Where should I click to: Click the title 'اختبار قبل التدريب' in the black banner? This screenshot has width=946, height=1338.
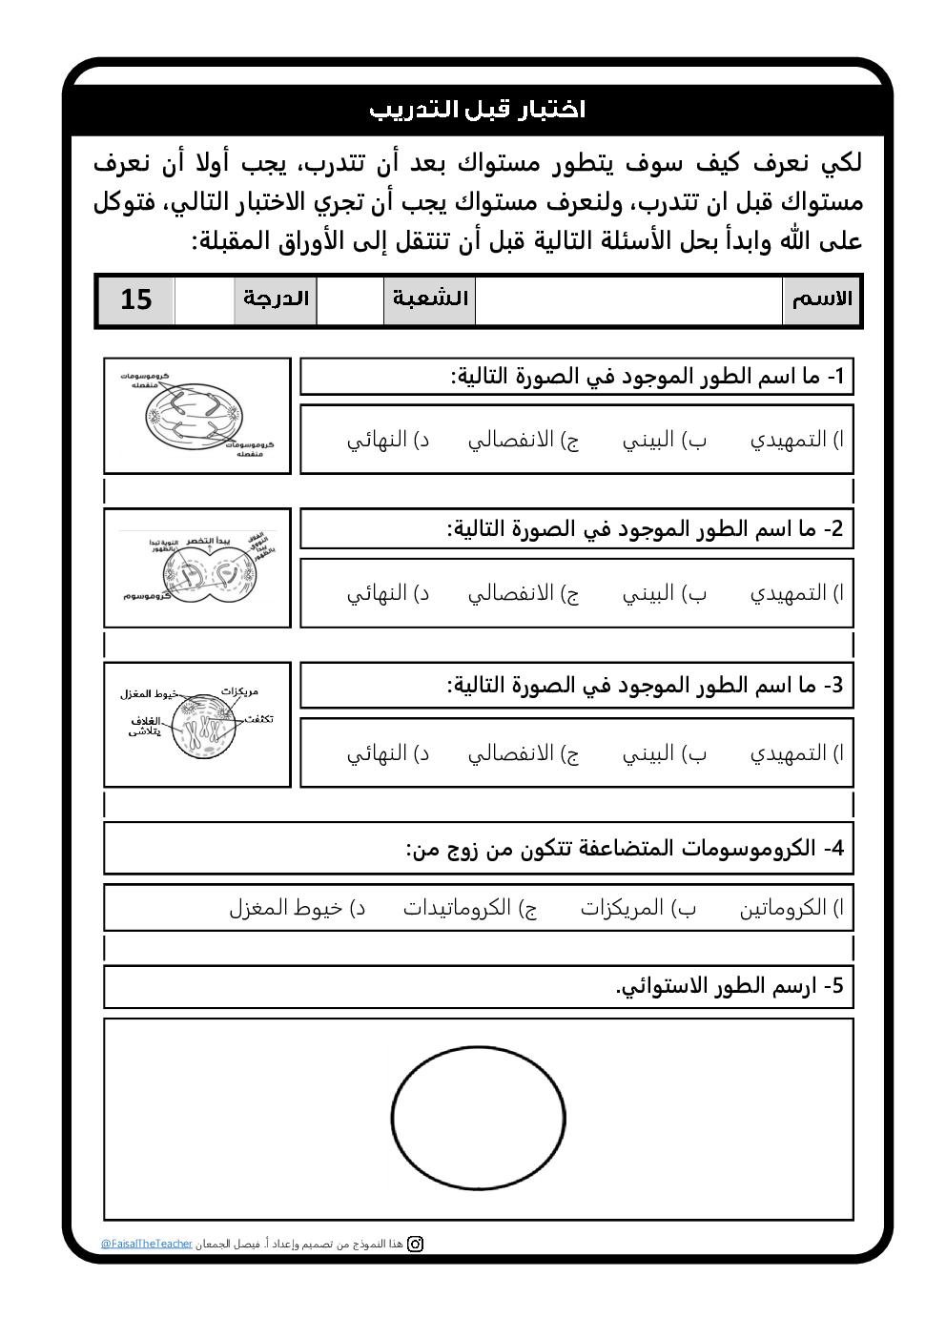tap(477, 110)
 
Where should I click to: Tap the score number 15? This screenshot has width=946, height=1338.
tap(136, 299)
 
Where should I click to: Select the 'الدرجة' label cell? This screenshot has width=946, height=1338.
tap(276, 299)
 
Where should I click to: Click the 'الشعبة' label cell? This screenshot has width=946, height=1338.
tap(430, 299)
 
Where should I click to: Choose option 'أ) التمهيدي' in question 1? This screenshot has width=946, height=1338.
tap(796, 440)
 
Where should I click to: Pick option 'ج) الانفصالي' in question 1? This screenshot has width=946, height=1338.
tap(523, 440)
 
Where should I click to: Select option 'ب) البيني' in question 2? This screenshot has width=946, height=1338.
tap(664, 593)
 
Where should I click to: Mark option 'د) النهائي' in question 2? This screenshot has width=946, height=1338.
tap(387, 593)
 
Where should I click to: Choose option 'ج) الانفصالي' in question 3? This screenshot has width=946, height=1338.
tap(523, 753)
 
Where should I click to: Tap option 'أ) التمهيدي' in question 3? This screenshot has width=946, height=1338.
tap(796, 753)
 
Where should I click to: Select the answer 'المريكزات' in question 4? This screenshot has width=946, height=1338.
tap(638, 908)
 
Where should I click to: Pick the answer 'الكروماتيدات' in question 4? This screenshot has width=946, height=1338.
tap(469, 908)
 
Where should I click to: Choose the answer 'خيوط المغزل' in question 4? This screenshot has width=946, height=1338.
tap(297, 908)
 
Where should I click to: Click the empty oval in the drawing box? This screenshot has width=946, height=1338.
tap(478, 1118)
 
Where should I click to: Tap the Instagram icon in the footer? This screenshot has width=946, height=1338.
tap(416, 1244)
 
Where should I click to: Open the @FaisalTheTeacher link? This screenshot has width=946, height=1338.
tap(147, 1244)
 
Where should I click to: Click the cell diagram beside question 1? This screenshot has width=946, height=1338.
tap(196, 416)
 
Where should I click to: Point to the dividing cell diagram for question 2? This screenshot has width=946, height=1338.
tap(196, 569)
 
